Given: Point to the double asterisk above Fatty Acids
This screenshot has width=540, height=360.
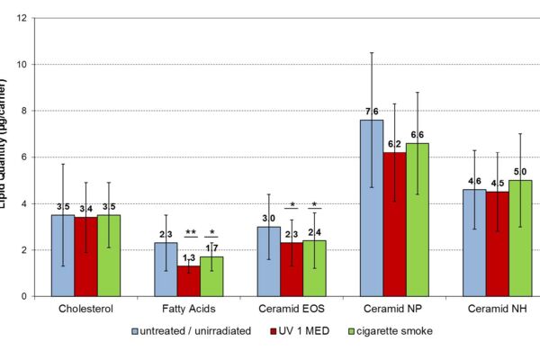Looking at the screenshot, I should pos(191,232).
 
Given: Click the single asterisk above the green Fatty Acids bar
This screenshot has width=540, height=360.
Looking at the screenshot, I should pos(212,232).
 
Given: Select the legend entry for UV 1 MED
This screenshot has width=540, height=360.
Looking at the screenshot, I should pos(303,331).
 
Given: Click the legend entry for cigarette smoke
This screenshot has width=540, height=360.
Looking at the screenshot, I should pos(392,331).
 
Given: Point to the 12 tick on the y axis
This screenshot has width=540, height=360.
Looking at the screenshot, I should pos(20,19).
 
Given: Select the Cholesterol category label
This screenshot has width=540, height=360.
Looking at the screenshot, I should pos(85,310).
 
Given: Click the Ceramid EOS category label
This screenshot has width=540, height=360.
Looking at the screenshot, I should pos(292,310).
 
